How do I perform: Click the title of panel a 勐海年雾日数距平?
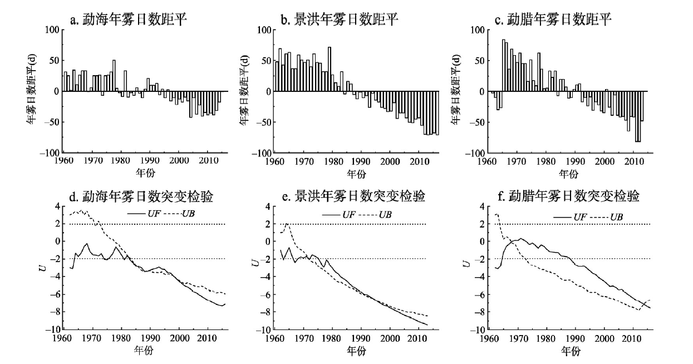(x=128, y=21)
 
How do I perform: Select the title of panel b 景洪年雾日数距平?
(x=340, y=21)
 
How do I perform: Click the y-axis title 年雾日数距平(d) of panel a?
(x=34, y=91)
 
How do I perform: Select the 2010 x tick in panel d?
(x=207, y=338)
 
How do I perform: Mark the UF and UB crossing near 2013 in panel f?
(x=641, y=304)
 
